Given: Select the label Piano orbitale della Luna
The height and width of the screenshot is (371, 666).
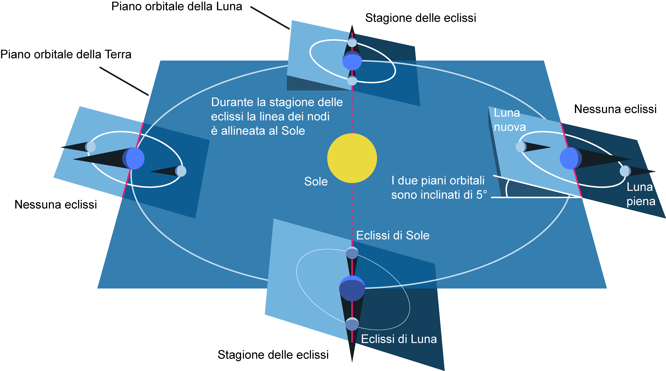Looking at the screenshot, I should [177, 6].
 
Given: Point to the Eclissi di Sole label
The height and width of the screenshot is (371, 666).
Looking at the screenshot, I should [393, 235].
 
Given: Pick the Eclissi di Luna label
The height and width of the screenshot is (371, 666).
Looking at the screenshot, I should [399, 339].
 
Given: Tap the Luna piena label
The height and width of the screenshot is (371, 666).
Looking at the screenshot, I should [641, 194].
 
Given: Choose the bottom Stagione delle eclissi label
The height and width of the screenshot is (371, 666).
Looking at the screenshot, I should [273, 355].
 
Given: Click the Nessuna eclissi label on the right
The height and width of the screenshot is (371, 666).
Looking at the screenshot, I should [615, 109].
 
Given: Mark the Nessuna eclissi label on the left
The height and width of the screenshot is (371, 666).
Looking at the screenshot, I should [56, 204].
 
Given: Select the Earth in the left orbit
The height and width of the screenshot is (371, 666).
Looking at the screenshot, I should [134, 158].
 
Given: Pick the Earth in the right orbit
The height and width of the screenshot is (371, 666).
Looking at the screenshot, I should [570, 158].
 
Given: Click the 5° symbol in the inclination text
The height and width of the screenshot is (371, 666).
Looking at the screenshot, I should [482, 194].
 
